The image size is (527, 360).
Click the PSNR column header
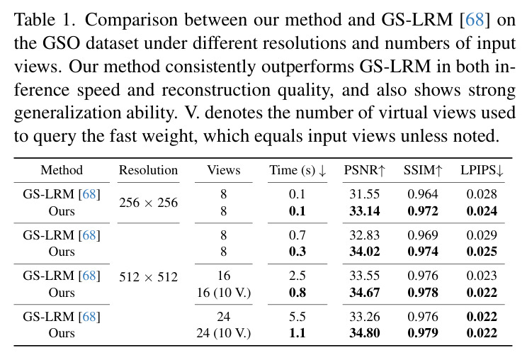tap(364, 170)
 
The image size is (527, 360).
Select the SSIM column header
tap(423, 170)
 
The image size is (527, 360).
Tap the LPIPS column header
tap(482, 170)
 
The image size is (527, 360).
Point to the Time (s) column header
tap(297, 170)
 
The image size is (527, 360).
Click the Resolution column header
tap(148, 170)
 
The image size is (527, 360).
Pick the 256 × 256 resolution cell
tap(148, 203)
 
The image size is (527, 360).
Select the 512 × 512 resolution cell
tap(148, 277)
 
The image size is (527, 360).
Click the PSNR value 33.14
tap(364, 211)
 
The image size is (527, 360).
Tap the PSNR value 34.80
tap(364, 333)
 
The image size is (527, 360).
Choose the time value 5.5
tap(297, 317)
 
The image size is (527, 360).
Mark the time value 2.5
tap(297, 276)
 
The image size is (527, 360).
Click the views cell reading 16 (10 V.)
tap(224, 293)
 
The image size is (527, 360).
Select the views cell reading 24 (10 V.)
tap(224, 334)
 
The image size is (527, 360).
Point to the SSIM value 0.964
tap(423, 194)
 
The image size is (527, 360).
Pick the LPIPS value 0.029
tap(482, 235)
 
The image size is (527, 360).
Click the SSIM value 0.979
tap(423, 333)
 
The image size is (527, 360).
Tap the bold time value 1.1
tap(297, 333)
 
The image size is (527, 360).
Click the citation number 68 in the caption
tap(475, 20)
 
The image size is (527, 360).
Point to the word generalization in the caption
tap(67, 113)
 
